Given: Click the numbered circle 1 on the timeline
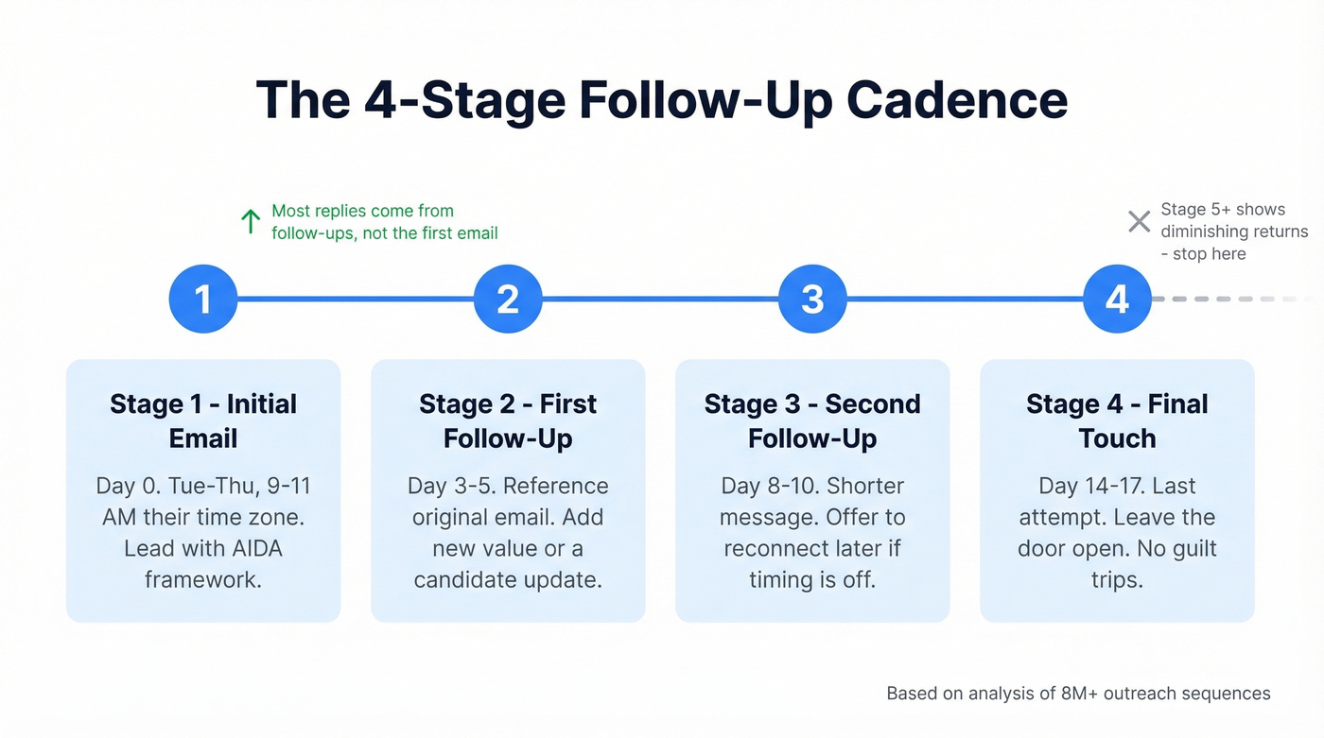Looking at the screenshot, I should point(203,299).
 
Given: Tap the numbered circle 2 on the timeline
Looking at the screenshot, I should point(508,299).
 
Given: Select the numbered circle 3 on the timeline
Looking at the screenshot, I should point(812,299).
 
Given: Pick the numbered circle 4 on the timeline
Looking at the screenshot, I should point(1117,299).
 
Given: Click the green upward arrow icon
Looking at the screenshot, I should point(251,222).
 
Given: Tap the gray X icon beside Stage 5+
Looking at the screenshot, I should point(1139,222).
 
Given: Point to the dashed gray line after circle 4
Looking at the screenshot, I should point(1229,299).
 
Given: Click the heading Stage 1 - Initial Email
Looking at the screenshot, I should point(203,420).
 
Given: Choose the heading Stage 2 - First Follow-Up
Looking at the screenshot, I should point(508,420).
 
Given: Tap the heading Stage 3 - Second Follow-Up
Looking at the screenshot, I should point(812,420).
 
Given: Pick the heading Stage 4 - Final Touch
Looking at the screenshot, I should point(1117,420).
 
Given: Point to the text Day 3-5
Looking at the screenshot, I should point(449,486).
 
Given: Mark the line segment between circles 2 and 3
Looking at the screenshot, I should point(660,299).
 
